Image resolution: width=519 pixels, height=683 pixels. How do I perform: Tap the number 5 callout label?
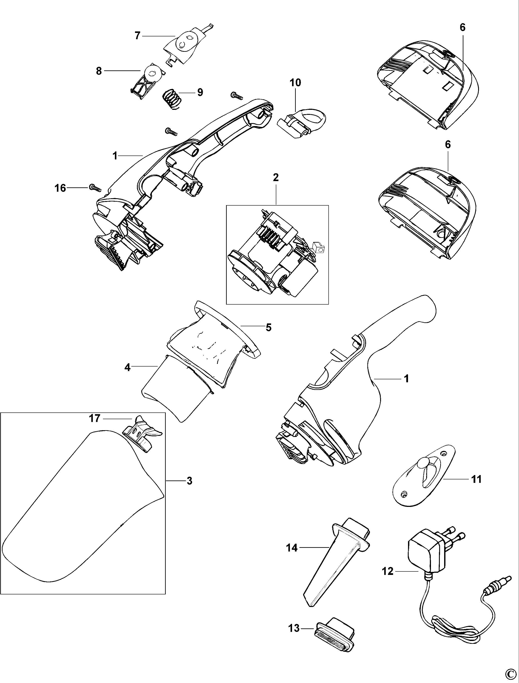coord(268,327)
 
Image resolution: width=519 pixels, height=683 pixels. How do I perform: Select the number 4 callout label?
coord(127,368)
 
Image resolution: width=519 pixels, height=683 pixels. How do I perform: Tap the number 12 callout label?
coord(388,571)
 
